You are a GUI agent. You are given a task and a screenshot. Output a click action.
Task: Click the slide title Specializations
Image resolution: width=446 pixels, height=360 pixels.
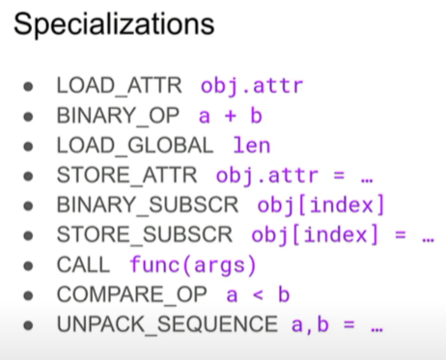(114, 25)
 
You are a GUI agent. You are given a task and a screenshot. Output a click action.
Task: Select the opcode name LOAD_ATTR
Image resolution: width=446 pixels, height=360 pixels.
(119, 86)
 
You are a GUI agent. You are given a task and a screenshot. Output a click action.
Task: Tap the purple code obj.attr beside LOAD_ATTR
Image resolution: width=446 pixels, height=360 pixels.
(252, 87)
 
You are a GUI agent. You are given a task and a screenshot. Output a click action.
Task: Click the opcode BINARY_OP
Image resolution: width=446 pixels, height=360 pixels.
(118, 116)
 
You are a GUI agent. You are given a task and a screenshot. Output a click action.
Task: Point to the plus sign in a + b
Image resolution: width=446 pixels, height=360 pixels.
(231, 116)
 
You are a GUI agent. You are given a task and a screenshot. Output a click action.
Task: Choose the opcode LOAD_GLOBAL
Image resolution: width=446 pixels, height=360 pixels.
(135, 146)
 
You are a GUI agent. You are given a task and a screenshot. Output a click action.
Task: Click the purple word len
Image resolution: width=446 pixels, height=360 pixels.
(252, 146)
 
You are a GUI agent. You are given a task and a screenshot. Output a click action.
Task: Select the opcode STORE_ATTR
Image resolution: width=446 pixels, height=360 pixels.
(126, 176)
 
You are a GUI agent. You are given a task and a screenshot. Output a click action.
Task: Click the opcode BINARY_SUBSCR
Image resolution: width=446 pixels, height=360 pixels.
(148, 205)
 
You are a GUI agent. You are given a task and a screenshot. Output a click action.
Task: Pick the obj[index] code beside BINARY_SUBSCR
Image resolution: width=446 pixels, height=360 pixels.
(321, 205)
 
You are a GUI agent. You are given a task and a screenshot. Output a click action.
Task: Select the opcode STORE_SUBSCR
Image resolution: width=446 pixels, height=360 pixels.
(145, 235)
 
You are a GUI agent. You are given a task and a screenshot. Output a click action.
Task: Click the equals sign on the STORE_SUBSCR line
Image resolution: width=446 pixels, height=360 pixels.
(401, 235)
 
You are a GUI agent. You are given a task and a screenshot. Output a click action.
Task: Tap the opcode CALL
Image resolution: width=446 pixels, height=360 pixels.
(83, 264)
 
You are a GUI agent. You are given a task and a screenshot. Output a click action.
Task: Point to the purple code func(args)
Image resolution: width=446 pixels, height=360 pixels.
(193, 265)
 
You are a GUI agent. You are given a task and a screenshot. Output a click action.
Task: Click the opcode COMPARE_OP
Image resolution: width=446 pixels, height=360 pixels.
(131, 294)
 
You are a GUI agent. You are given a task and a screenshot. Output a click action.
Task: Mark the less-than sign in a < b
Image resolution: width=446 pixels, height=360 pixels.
(258, 294)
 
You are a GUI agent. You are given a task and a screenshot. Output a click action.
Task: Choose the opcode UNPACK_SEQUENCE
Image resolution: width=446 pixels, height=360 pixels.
(167, 324)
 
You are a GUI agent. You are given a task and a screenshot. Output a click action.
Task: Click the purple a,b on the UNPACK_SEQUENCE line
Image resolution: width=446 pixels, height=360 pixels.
(310, 324)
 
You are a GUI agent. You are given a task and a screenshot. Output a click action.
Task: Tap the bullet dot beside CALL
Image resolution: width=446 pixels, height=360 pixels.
(28, 265)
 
